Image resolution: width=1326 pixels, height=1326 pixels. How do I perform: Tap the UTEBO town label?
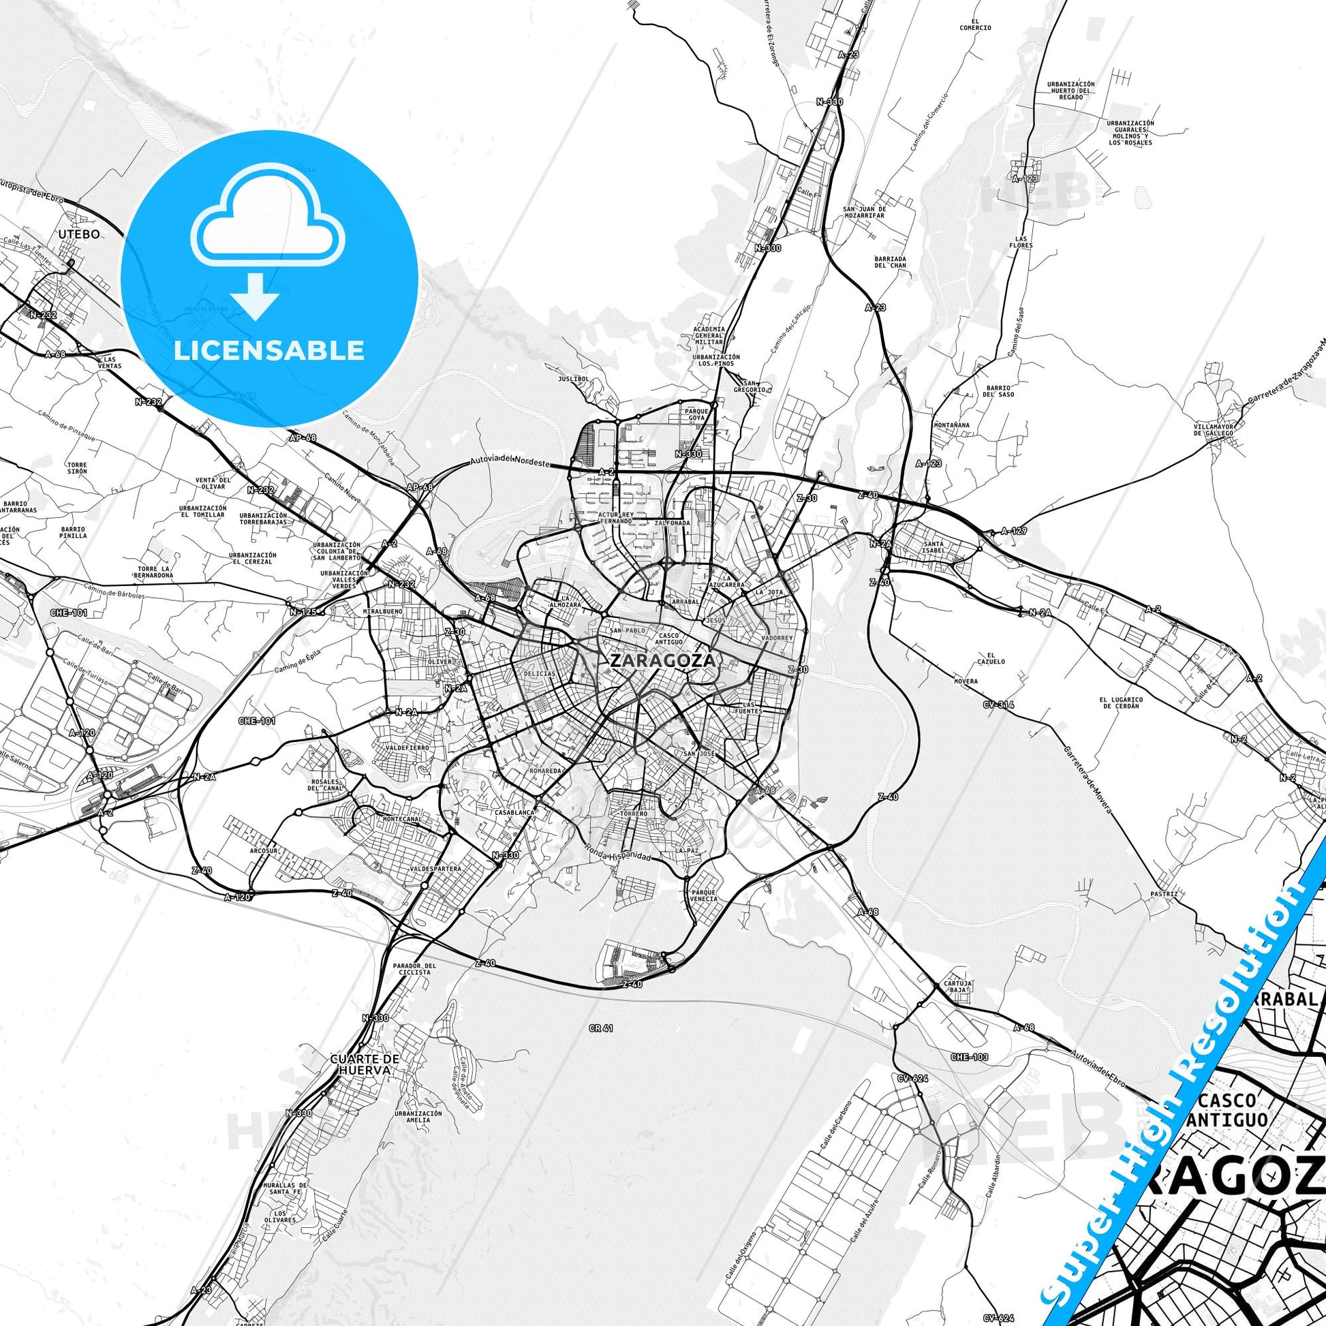pyautogui.click(x=79, y=234)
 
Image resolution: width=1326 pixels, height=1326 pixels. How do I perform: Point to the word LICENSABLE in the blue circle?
pyautogui.click(x=269, y=350)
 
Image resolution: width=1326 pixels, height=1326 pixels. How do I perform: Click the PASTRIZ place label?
pyautogui.click(x=1165, y=894)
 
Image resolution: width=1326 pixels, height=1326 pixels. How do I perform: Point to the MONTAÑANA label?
pyautogui.click(x=951, y=425)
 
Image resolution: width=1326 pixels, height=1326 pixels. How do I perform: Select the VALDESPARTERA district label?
pyautogui.click(x=435, y=868)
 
